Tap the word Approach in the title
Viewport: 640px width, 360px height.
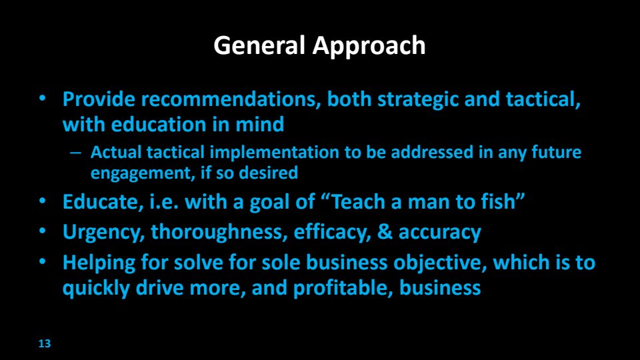pyautogui.click(x=369, y=47)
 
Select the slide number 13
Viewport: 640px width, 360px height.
pyautogui.click(x=45, y=344)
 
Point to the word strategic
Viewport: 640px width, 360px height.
pyautogui.click(x=417, y=100)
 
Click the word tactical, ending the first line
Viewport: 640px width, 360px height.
pyautogui.click(x=543, y=100)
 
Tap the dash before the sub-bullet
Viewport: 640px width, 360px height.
pyautogui.click(x=75, y=153)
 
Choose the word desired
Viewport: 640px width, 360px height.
pyautogui.click(x=268, y=173)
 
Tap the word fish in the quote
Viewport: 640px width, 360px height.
pyautogui.click(x=498, y=201)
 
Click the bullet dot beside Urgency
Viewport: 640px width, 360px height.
pyautogui.click(x=43, y=231)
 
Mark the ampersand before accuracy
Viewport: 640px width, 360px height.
pyautogui.click(x=385, y=232)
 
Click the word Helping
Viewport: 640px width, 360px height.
pyautogui.click(x=99, y=263)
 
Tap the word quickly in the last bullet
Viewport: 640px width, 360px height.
pyautogui.click(x=96, y=288)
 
